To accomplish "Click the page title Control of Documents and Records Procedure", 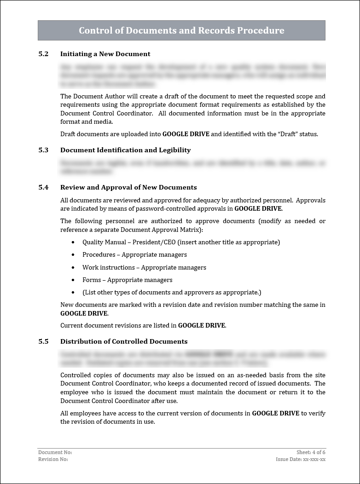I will (181, 30).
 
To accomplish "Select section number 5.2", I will (43, 54).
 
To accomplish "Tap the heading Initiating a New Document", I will (105, 54).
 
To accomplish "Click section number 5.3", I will (43, 150).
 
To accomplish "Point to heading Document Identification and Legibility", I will (125, 150).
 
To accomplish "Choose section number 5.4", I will (43, 187).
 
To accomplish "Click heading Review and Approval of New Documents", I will (128, 187).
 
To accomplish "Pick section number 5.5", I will (43, 341).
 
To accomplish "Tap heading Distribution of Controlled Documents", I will (124, 341).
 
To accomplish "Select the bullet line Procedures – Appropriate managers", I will (134, 254).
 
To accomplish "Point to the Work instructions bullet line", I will (144, 267).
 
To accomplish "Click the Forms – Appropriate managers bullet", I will (127, 280).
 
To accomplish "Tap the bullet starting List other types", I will (172, 292).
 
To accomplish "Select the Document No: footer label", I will (55, 453).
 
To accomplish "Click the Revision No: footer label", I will (53, 459).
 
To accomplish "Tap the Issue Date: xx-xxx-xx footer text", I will (301, 459).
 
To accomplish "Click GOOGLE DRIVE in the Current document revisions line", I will (202, 325).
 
